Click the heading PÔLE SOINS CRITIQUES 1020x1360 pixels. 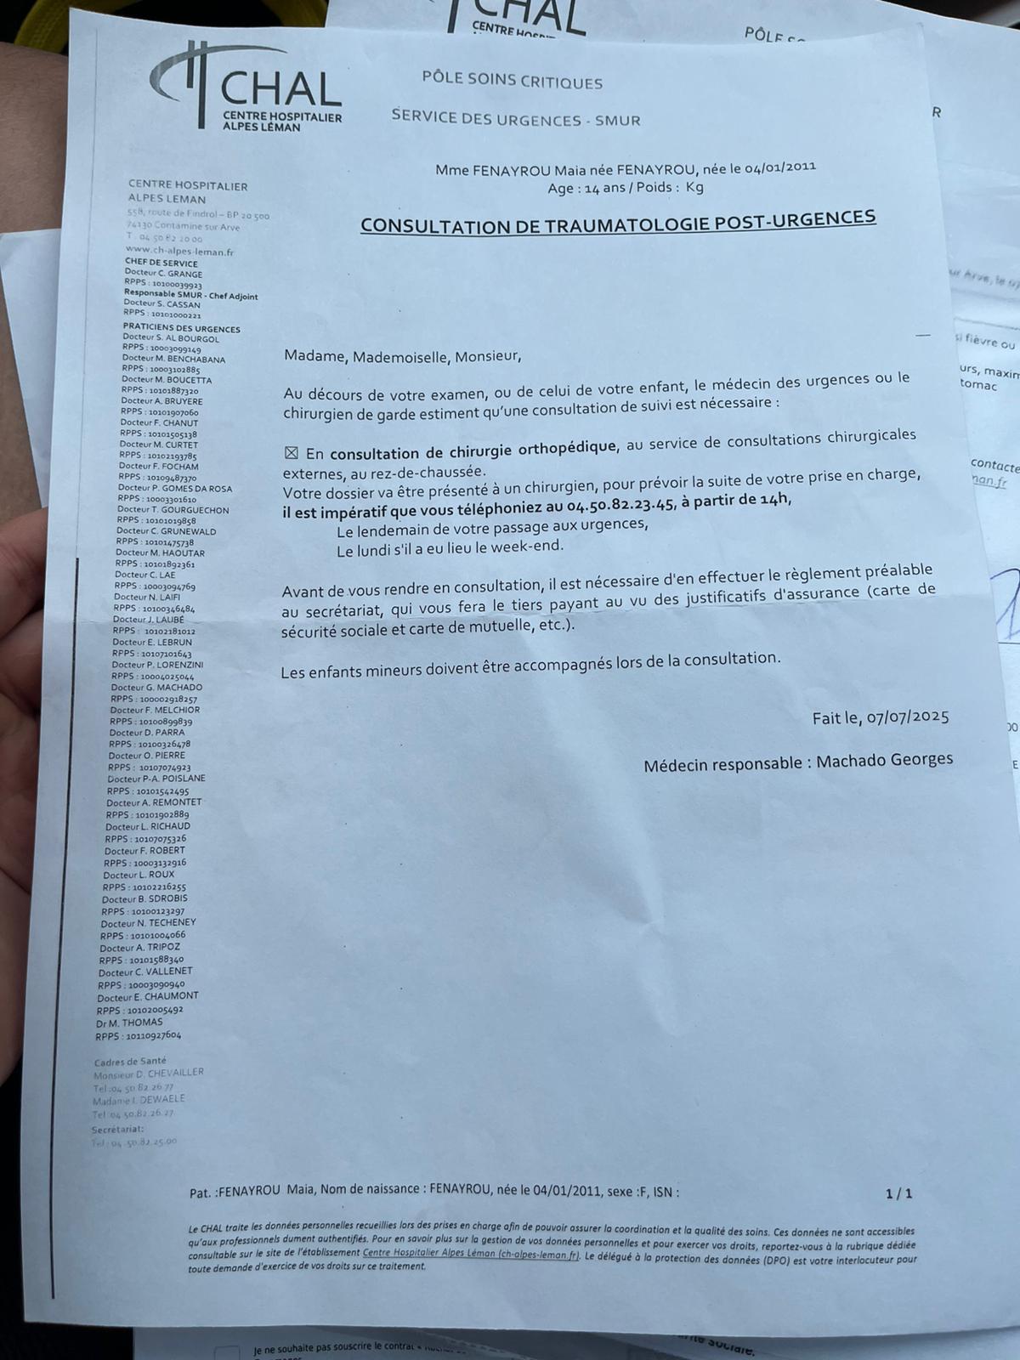pyautogui.click(x=513, y=82)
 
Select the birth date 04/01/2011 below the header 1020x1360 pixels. pyautogui.click(x=780, y=167)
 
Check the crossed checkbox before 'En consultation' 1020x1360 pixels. pyautogui.click(x=292, y=453)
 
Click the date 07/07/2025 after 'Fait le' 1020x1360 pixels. pyautogui.click(x=907, y=717)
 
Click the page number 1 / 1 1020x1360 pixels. pyautogui.click(x=898, y=1193)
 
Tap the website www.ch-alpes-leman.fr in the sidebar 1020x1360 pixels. pyautogui.click(x=179, y=252)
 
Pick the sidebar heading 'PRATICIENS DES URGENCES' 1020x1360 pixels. pyautogui.click(x=181, y=329)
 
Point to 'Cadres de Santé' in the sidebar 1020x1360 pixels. pyautogui.click(x=130, y=1061)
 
